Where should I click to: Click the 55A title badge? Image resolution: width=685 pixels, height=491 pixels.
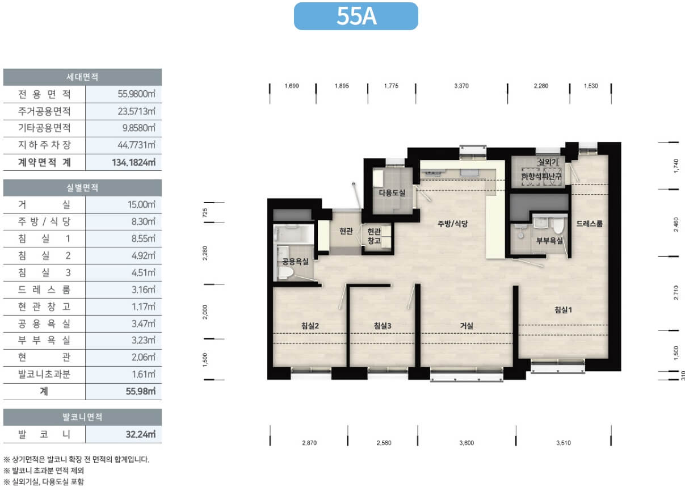coord(356,16)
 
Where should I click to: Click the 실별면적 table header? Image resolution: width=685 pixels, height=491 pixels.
coord(82,187)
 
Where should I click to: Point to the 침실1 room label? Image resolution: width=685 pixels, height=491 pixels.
coord(563,310)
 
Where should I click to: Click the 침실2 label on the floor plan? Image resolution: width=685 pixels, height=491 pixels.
coord(310,326)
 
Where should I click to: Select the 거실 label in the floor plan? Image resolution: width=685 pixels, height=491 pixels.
coord(467,326)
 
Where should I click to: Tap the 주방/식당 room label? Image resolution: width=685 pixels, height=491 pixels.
coord(452,224)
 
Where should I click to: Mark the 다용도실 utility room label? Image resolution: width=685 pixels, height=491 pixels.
coord(392,193)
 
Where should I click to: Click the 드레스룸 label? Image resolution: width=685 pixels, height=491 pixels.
coord(589,224)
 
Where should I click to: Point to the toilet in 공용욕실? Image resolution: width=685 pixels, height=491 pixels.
coord(285,272)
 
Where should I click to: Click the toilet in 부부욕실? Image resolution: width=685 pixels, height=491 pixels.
coord(558,225)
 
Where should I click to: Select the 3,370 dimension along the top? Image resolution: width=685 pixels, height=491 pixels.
coord(461,86)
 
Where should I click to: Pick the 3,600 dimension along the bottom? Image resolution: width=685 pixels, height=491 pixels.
coord(467,443)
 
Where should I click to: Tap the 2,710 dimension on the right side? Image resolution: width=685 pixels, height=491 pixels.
coord(676,293)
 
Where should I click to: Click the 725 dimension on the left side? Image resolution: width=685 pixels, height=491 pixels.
coord(205,213)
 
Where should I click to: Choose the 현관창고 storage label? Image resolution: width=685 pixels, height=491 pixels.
coord(374,236)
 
